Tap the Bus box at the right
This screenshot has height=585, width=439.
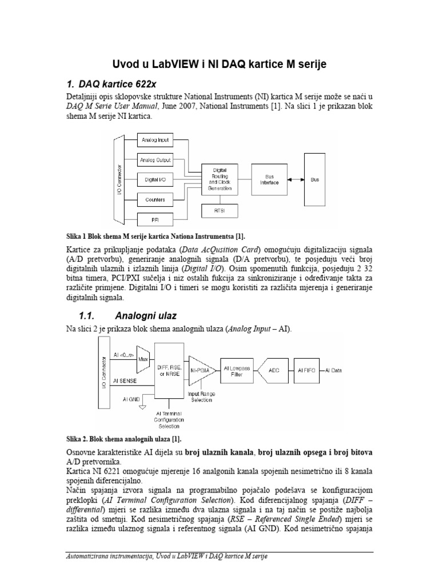[x=314, y=179]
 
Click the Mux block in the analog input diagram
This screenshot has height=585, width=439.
[x=143, y=360]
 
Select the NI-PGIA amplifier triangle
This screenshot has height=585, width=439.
[x=199, y=370]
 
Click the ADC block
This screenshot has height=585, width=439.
[x=273, y=370]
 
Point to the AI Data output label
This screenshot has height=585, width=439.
[x=333, y=370]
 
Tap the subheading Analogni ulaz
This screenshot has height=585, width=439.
[x=146, y=315]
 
